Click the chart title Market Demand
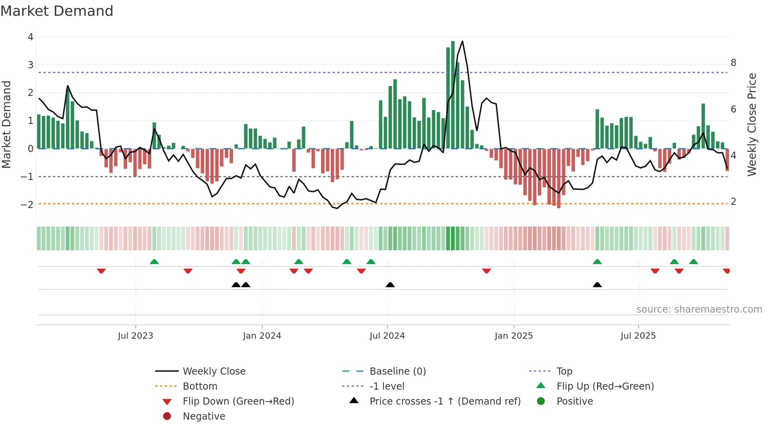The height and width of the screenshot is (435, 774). click(x=57, y=11)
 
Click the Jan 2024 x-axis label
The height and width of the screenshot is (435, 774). click(x=262, y=336)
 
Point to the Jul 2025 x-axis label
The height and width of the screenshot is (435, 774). click(x=638, y=336)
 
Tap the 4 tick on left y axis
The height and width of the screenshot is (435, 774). click(x=30, y=37)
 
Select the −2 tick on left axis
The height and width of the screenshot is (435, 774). click(x=27, y=204)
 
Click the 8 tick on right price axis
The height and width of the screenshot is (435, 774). click(x=733, y=63)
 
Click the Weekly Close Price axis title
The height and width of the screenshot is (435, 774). click(x=752, y=124)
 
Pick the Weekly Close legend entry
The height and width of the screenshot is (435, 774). click(x=214, y=371)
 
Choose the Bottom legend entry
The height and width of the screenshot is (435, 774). click(x=200, y=386)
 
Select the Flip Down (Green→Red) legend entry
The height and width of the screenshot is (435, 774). click(x=238, y=401)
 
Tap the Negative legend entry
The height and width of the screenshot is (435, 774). click(x=204, y=416)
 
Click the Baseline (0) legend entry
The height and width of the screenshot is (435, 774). click(x=397, y=371)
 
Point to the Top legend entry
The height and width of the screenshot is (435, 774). click(x=564, y=371)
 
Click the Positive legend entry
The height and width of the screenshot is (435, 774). click(x=575, y=401)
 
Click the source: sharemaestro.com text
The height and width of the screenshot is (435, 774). click(x=699, y=309)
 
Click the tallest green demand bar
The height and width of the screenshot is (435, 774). click(x=453, y=95)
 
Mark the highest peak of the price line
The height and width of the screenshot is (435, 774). click(x=462, y=41)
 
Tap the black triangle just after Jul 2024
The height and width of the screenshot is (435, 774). click(x=390, y=285)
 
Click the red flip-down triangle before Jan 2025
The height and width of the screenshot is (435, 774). click(x=487, y=271)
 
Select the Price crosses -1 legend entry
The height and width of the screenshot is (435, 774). click(x=445, y=401)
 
